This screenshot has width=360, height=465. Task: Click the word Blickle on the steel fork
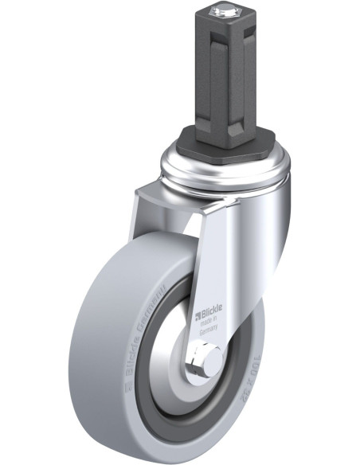click(x=209, y=305)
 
